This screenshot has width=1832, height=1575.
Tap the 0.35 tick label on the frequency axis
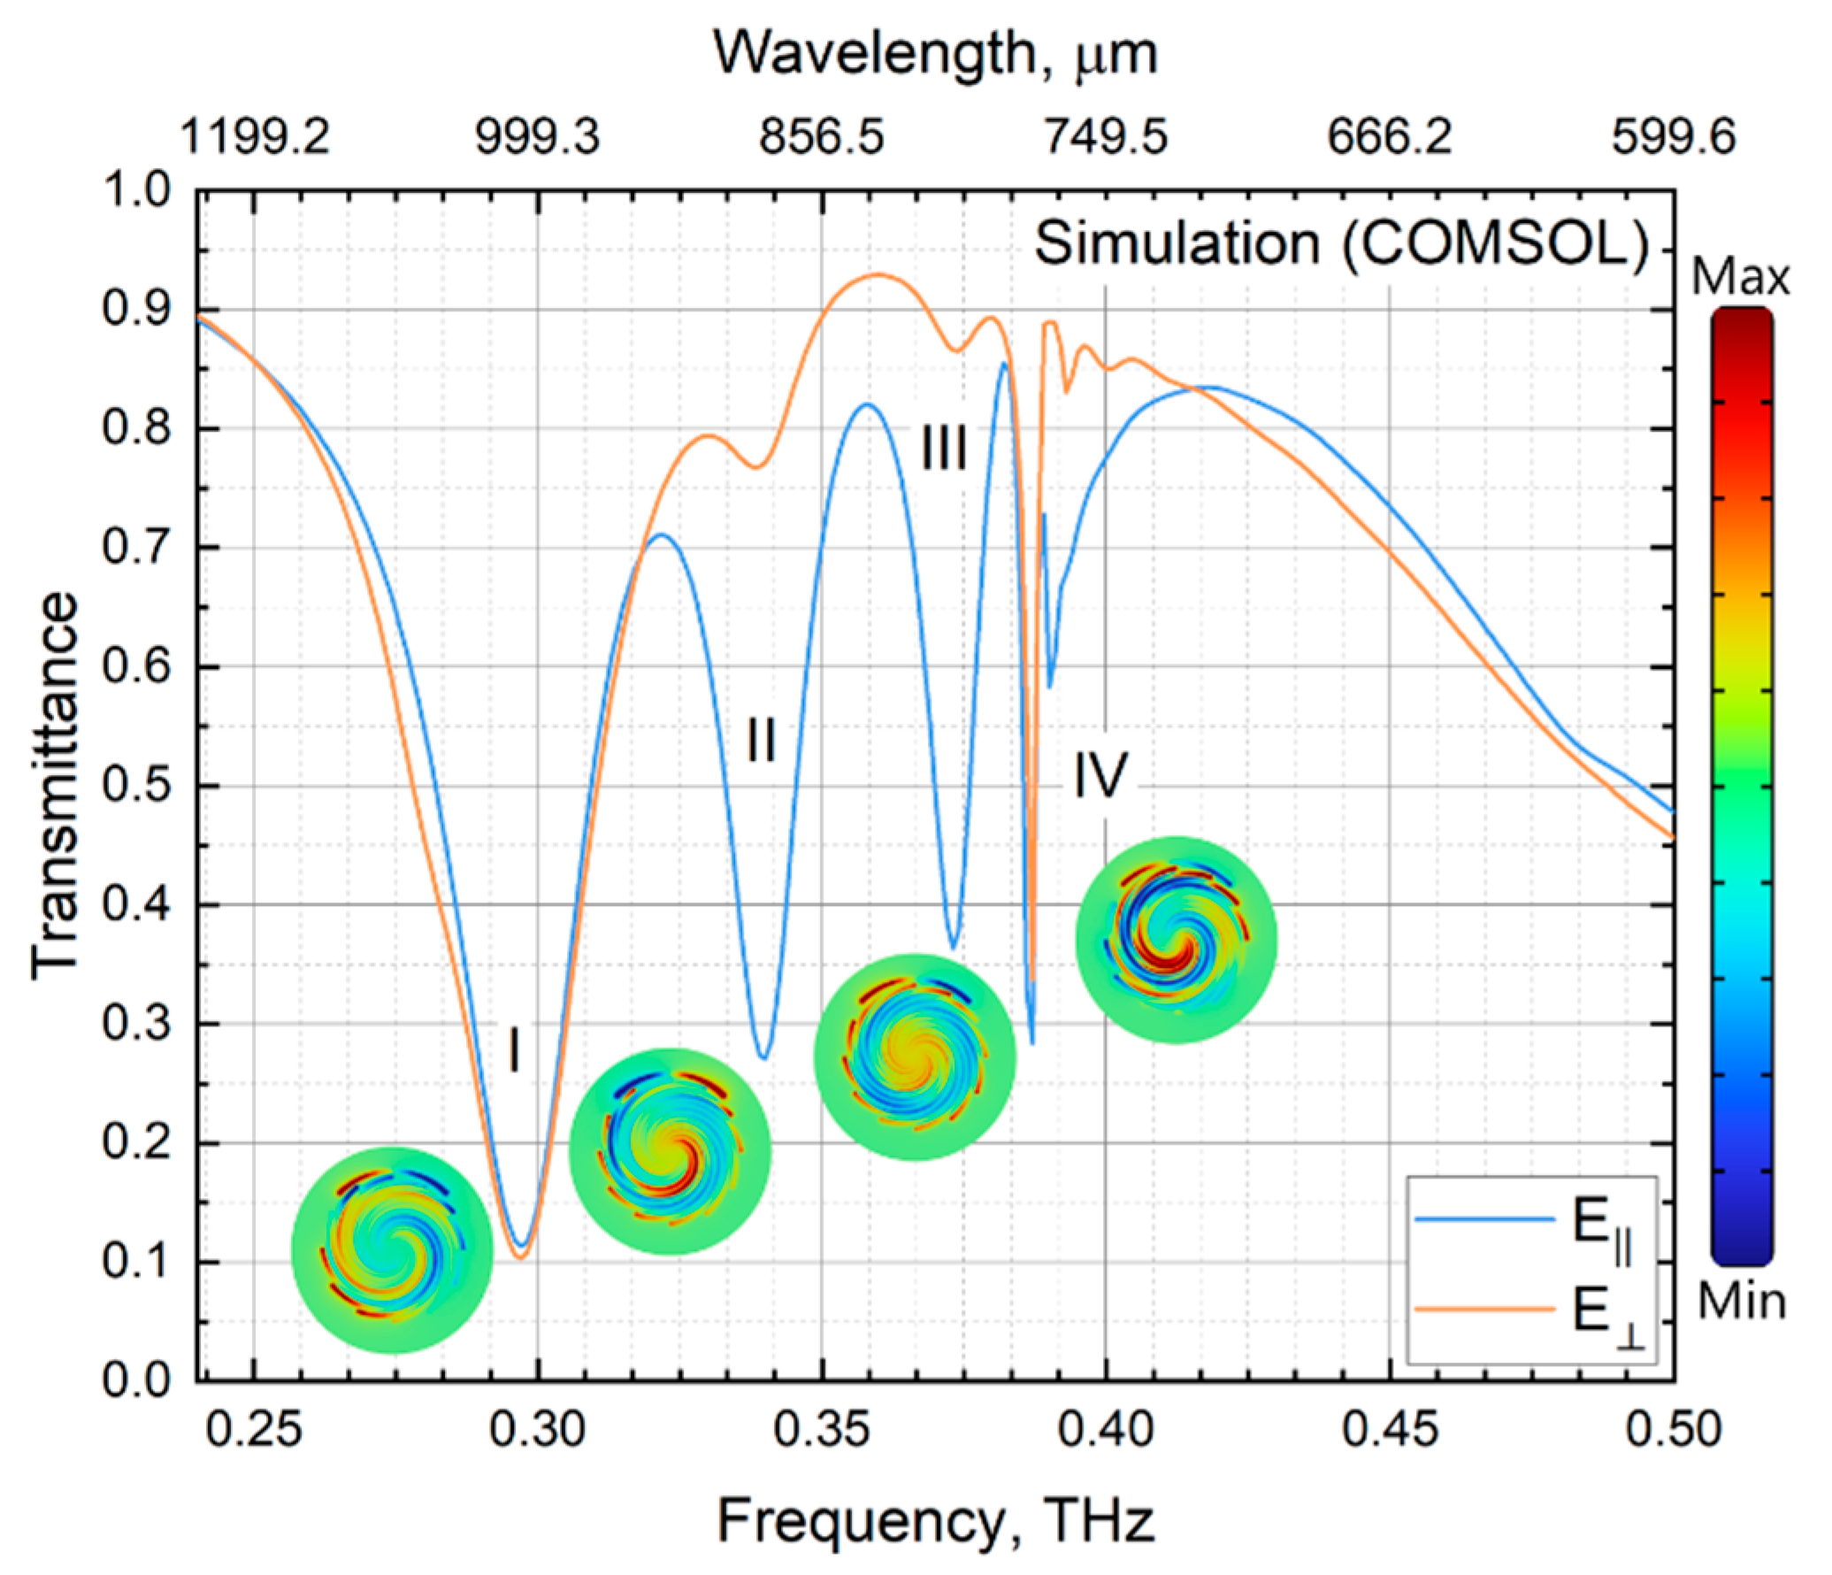click(x=822, y=1428)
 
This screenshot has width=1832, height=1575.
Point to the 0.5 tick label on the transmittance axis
click(x=136, y=786)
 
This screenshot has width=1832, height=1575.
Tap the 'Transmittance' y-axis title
click(x=55, y=786)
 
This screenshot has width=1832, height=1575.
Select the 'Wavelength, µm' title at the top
click(x=935, y=55)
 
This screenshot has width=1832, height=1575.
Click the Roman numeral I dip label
click(x=514, y=1049)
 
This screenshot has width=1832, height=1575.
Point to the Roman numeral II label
click(x=762, y=740)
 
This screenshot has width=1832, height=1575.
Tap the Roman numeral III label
click(x=944, y=449)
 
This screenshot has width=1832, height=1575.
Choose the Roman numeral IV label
click(x=1100, y=776)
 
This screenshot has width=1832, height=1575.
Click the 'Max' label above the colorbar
click(x=1739, y=279)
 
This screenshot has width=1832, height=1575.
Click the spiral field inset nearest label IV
click(x=1176, y=940)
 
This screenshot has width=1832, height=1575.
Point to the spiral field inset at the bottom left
click(x=392, y=1249)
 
